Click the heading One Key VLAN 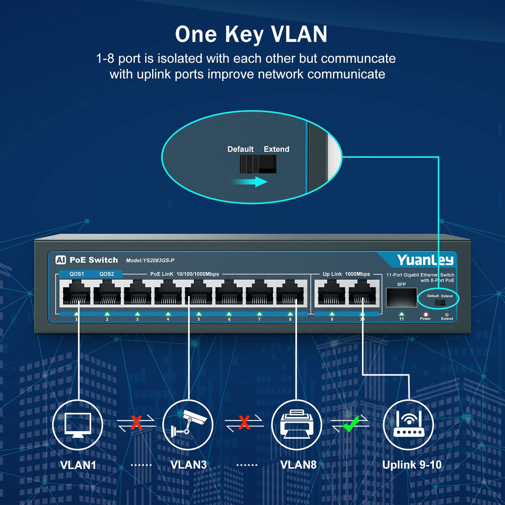[251, 34]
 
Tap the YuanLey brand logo [425, 260]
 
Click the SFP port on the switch [401, 298]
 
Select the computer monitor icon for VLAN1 [78, 425]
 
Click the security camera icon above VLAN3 [188, 425]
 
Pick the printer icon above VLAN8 [297, 425]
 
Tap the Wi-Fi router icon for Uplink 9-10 [408, 425]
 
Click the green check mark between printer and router [350, 423]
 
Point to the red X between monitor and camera [136, 423]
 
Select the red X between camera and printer [244, 423]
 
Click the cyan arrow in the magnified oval [250, 182]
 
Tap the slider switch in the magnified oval [258, 164]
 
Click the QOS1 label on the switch [77, 274]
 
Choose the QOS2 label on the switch [106, 274]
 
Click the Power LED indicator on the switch [425, 314]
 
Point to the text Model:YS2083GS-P [150, 260]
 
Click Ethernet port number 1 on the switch [76, 292]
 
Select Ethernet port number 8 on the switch [290, 292]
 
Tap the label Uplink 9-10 [412, 465]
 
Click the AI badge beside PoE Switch [61, 260]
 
